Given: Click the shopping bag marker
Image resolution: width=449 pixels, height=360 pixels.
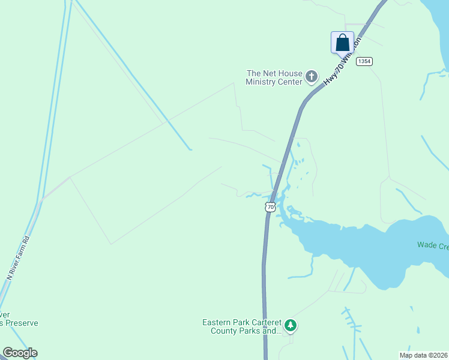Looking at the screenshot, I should pos(342,43).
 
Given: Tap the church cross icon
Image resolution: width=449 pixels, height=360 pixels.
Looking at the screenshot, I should pos(311,76).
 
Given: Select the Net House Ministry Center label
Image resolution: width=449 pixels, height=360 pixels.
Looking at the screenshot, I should pos(274,77).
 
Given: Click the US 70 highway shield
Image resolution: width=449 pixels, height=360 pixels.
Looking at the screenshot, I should pos(270,207).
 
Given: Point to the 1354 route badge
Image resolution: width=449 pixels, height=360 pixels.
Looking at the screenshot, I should pos(364,62).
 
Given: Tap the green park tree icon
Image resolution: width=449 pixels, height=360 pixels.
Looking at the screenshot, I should pos(291,326).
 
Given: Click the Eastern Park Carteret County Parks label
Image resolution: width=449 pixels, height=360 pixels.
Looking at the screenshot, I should pos(242,326).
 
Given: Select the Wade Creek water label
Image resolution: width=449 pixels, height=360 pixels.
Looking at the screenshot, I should pos(433,245).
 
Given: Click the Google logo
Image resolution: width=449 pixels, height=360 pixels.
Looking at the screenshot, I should pos(20,353).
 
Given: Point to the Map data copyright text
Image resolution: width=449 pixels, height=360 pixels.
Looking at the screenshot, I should pos(423,355).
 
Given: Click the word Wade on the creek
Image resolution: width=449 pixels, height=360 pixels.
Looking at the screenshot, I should pos(427,245).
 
